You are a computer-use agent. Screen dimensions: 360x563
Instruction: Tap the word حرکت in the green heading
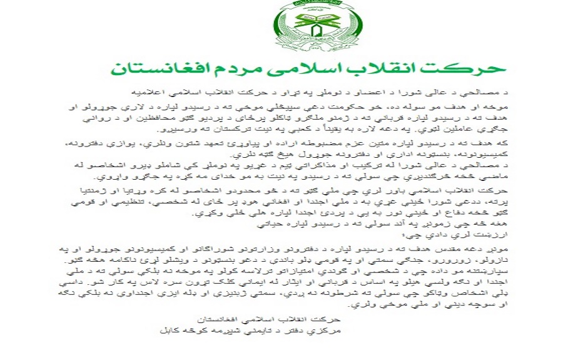coord(472,68)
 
